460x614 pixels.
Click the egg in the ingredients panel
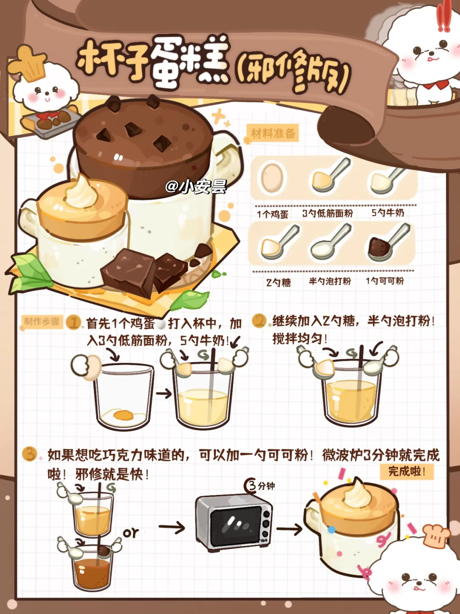pos(272,177)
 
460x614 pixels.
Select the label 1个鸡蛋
pos(273,214)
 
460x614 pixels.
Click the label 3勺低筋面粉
pos(328,214)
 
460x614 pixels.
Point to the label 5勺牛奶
pos(388,213)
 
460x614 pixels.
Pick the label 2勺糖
pos(278,283)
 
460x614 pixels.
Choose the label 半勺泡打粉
pos(330,281)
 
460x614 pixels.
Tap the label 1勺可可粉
pos(385,281)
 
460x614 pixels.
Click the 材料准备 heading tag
pos(273,134)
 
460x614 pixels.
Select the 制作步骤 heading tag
pos(42,322)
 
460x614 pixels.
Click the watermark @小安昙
pos(195,186)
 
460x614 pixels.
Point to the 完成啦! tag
pos(407,472)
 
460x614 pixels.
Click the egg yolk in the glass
pos(124,415)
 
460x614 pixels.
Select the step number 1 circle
pos(73,323)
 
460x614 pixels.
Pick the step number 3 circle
pos(29,454)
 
